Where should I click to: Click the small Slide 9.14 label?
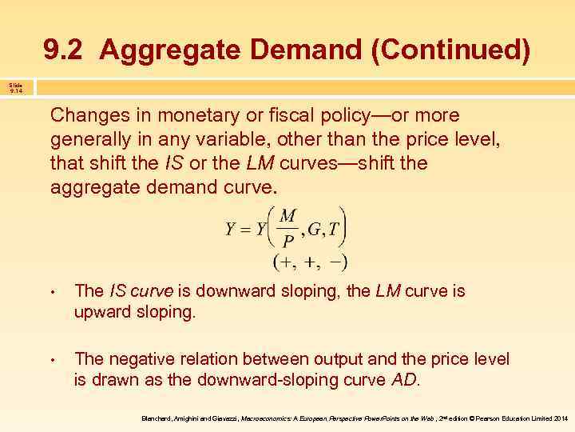coord(16,88)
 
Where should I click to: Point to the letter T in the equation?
coord(336,230)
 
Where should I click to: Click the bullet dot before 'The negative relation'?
coord(52,361)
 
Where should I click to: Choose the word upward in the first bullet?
coord(100,312)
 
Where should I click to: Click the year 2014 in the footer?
coord(561,418)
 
